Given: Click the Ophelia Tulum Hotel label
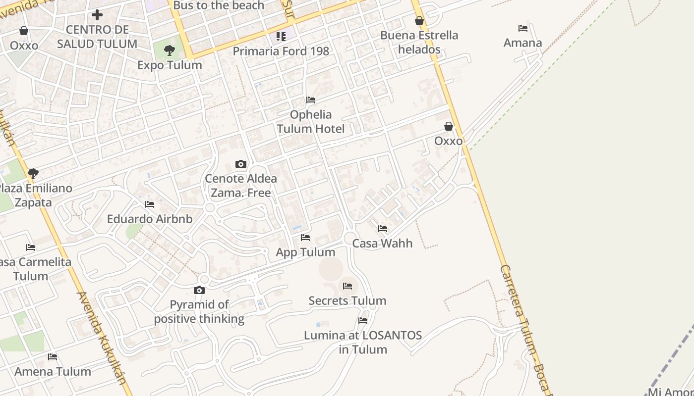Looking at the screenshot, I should pyautogui.click(x=310, y=122).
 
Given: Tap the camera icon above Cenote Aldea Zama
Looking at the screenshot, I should pyautogui.click(x=241, y=164).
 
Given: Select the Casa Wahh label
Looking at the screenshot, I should pyautogui.click(x=382, y=243).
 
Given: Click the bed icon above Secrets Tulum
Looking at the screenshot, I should pyautogui.click(x=347, y=286).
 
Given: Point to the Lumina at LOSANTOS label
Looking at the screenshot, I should pyautogui.click(x=362, y=342).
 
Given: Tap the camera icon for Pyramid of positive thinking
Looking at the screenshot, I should pyautogui.click(x=199, y=290).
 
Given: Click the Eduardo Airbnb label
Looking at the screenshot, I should pyautogui.click(x=150, y=219).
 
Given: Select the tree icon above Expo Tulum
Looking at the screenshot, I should pyautogui.click(x=170, y=50).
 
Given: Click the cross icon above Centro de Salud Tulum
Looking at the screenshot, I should pyautogui.click(x=97, y=15).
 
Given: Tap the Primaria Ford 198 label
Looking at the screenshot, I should pyautogui.click(x=281, y=51).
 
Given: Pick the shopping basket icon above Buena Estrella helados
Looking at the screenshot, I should pyautogui.click(x=419, y=21).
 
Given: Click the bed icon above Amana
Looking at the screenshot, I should pyautogui.click(x=522, y=28).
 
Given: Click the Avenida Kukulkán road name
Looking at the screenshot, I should pyautogui.click(x=102, y=337).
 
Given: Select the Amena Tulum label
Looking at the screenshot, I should pyautogui.click(x=53, y=371).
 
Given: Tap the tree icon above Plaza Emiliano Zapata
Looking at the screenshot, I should pyautogui.click(x=33, y=173).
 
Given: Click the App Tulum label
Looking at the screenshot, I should pyautogui.click(x=305, y=252).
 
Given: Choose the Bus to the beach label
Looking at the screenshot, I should pyautogui.click(x=219, y=5).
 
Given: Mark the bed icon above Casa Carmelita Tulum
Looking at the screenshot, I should pyautogui.click(x=31, y=247).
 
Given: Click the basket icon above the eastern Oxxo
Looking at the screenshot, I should pyautogui.click(x=449, y=127).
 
